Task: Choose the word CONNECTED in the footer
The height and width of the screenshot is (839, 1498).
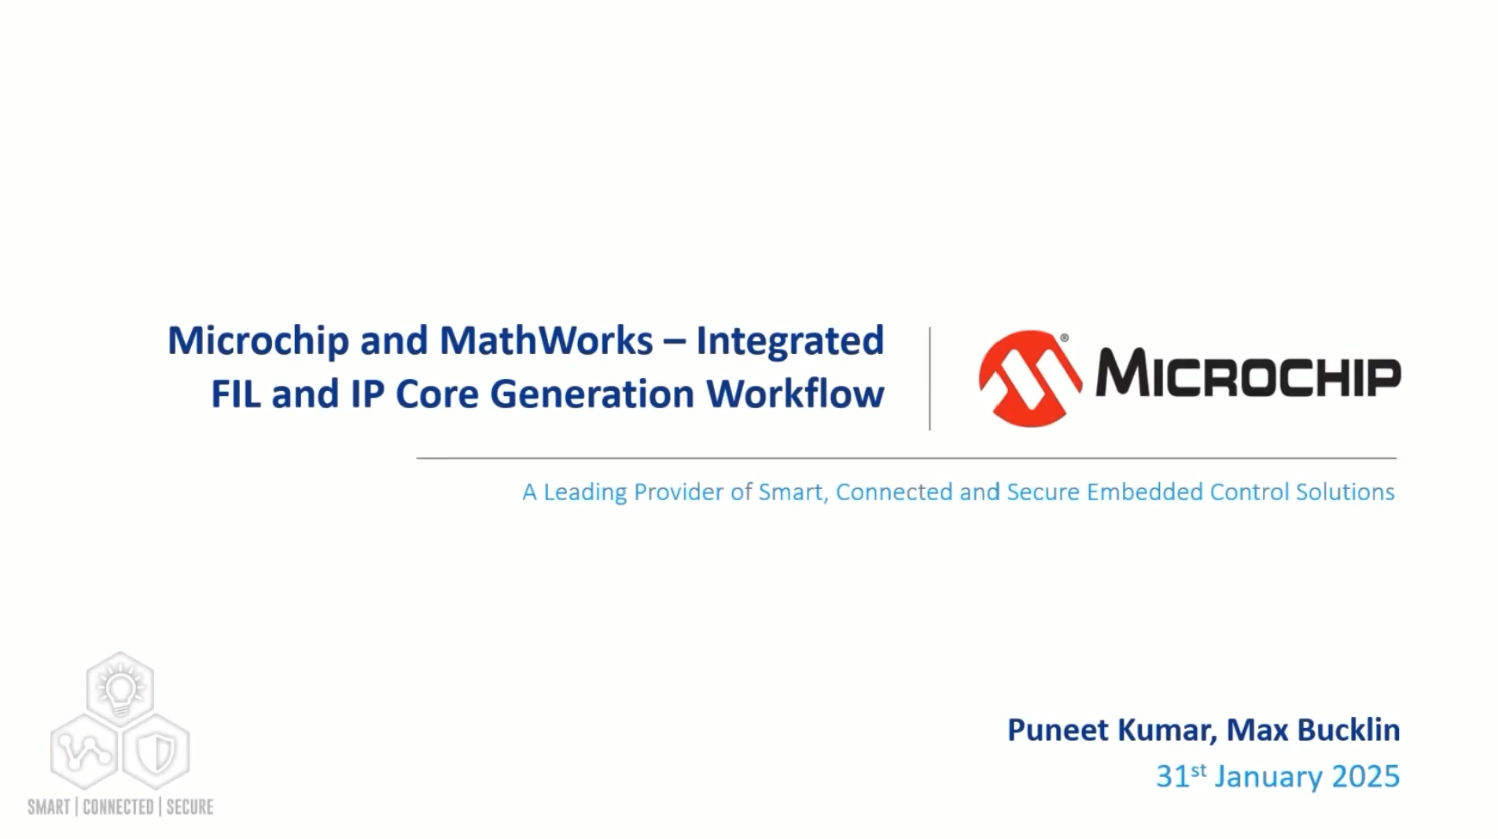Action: [117, 807]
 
